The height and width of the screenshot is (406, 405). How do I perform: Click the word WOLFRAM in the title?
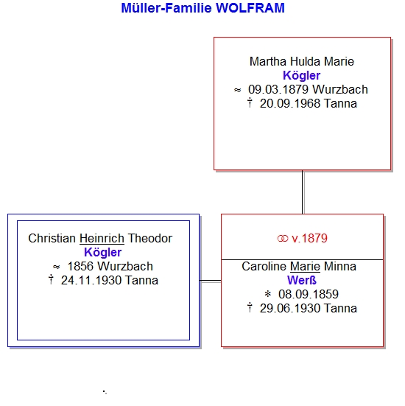point(250,8)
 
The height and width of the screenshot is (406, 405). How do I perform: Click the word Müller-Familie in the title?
point(166,8)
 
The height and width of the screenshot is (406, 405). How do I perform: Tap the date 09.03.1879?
point(278,90)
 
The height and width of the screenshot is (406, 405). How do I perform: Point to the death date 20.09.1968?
point(290,104)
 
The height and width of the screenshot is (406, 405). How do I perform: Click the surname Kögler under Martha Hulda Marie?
point(301,76)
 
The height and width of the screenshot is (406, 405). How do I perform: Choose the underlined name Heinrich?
point(102,239)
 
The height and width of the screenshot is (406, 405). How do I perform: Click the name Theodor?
point(150,239)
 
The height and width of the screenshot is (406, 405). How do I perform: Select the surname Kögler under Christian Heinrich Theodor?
point(103,253)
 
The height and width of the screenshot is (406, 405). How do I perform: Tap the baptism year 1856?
point(80,267)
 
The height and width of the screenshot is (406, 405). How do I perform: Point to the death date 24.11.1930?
point(91,281)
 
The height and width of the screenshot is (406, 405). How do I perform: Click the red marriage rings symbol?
point(283,239)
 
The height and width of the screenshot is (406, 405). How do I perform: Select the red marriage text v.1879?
point(309,239)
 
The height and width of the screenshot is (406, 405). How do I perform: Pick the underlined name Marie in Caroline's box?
point(305,267)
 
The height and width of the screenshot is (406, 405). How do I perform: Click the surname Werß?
point(302,281)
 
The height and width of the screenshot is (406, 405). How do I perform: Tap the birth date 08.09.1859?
point(309,295)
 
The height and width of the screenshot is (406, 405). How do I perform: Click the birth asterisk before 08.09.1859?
point(268,294)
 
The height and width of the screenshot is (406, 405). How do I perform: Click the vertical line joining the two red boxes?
point(302,192)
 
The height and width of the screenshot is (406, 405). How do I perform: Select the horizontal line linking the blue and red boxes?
point(211,281)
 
